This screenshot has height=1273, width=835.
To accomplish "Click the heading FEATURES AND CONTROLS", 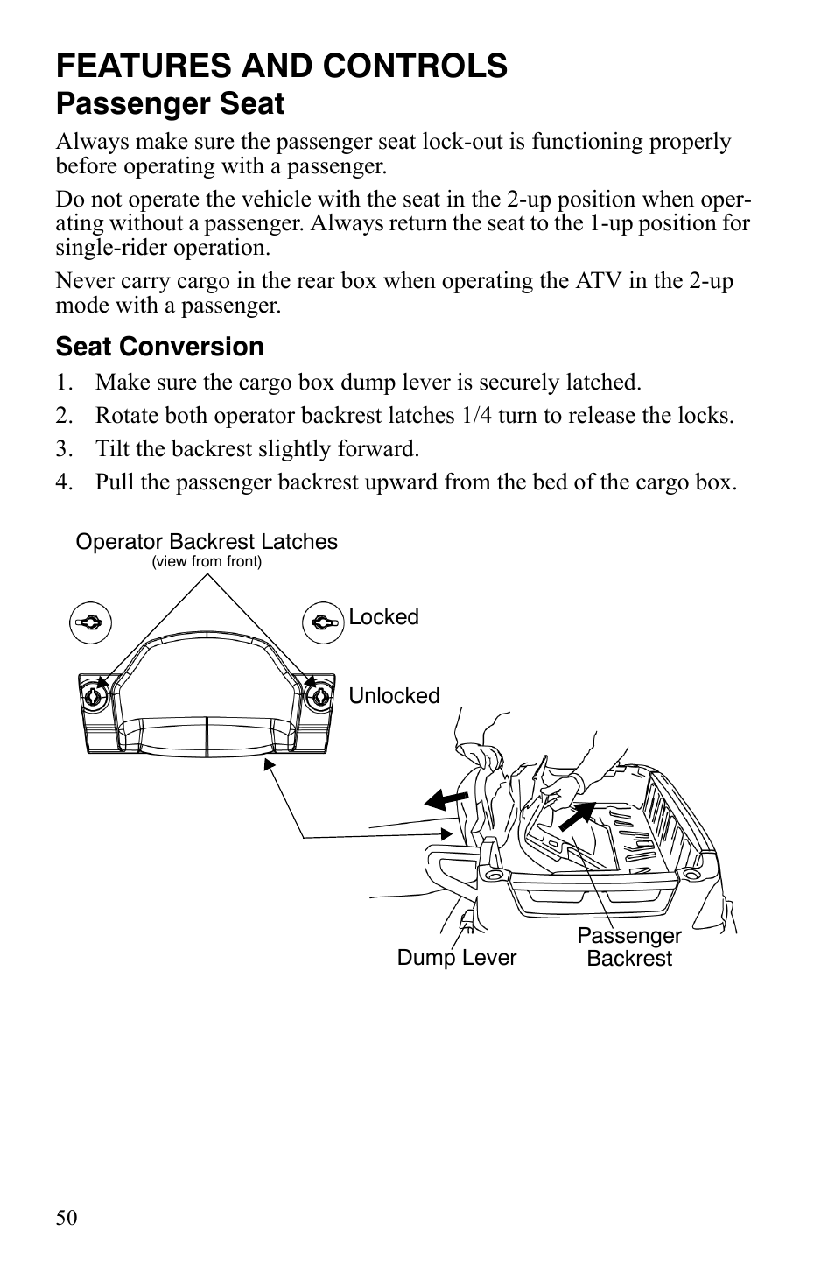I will pyautogui.click(x=281, y=66).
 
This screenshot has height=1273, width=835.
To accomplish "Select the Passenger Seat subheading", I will pyautogui.click(x=170, y=104).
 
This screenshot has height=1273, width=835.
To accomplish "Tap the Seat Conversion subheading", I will pyautogui.click(x=159, y=347).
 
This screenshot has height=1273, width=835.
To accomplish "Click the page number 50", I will pyautogui.click(x=67, y=1218).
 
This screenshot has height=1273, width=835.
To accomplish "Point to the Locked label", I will pyautogui.click(x=383, y=617).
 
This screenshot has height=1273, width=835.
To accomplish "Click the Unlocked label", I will pyautogui.click(x=394, y=696).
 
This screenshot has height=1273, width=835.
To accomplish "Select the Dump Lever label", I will pyautogui.click(x=456, y=958).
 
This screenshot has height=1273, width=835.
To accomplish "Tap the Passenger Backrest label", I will pyautogui.click(x=628, y=947).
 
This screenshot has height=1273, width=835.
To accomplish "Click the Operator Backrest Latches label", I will pyautogui.click(x=207, y=542).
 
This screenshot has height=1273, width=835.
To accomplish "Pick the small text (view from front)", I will pyautogui.click(x=207, y=562).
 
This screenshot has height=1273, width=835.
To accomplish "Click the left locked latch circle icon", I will pyautogui.click(x=89, y=622).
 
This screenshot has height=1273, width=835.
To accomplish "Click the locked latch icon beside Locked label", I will pyautogui.click(x=322, y=622).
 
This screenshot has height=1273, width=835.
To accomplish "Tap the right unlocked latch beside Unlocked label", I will pyautogui.click(x=319, y=697).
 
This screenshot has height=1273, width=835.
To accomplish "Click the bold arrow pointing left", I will pyautogui.click(x=446, y=798).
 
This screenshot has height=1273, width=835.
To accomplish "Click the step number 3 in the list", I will pyautogui.click(x=62, y=449).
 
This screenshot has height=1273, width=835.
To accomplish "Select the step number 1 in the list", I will pyautogui.click(x=62, y=383).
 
